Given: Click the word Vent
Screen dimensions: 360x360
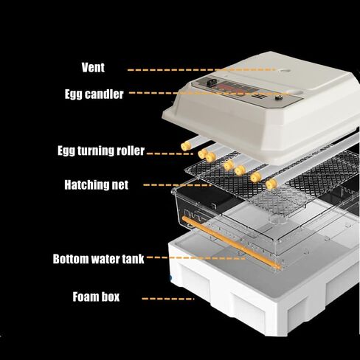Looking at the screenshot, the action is pos(93,67).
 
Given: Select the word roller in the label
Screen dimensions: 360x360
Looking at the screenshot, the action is pos(131,150).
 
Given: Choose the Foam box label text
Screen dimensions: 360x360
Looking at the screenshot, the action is pos(96,297).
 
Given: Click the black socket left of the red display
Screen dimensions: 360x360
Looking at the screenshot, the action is pos(211,83).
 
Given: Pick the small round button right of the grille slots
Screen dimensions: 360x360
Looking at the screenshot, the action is pos(278,98).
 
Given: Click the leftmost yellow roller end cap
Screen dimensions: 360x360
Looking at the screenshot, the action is pos(186,146).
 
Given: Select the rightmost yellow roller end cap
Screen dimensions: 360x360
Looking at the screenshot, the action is pos(271,184).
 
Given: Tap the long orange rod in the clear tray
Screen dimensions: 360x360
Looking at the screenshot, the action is pos(231,243).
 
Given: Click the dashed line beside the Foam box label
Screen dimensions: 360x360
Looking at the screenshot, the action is pos(168,299).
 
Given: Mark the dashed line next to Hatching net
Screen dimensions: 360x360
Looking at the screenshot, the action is pos(178,185).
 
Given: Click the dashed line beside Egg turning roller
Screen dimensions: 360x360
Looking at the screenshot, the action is pos(170,153).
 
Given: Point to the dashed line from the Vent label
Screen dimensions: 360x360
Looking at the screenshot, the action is pos(201,70).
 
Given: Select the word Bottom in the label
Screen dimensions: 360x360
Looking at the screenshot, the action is pos(71,259).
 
